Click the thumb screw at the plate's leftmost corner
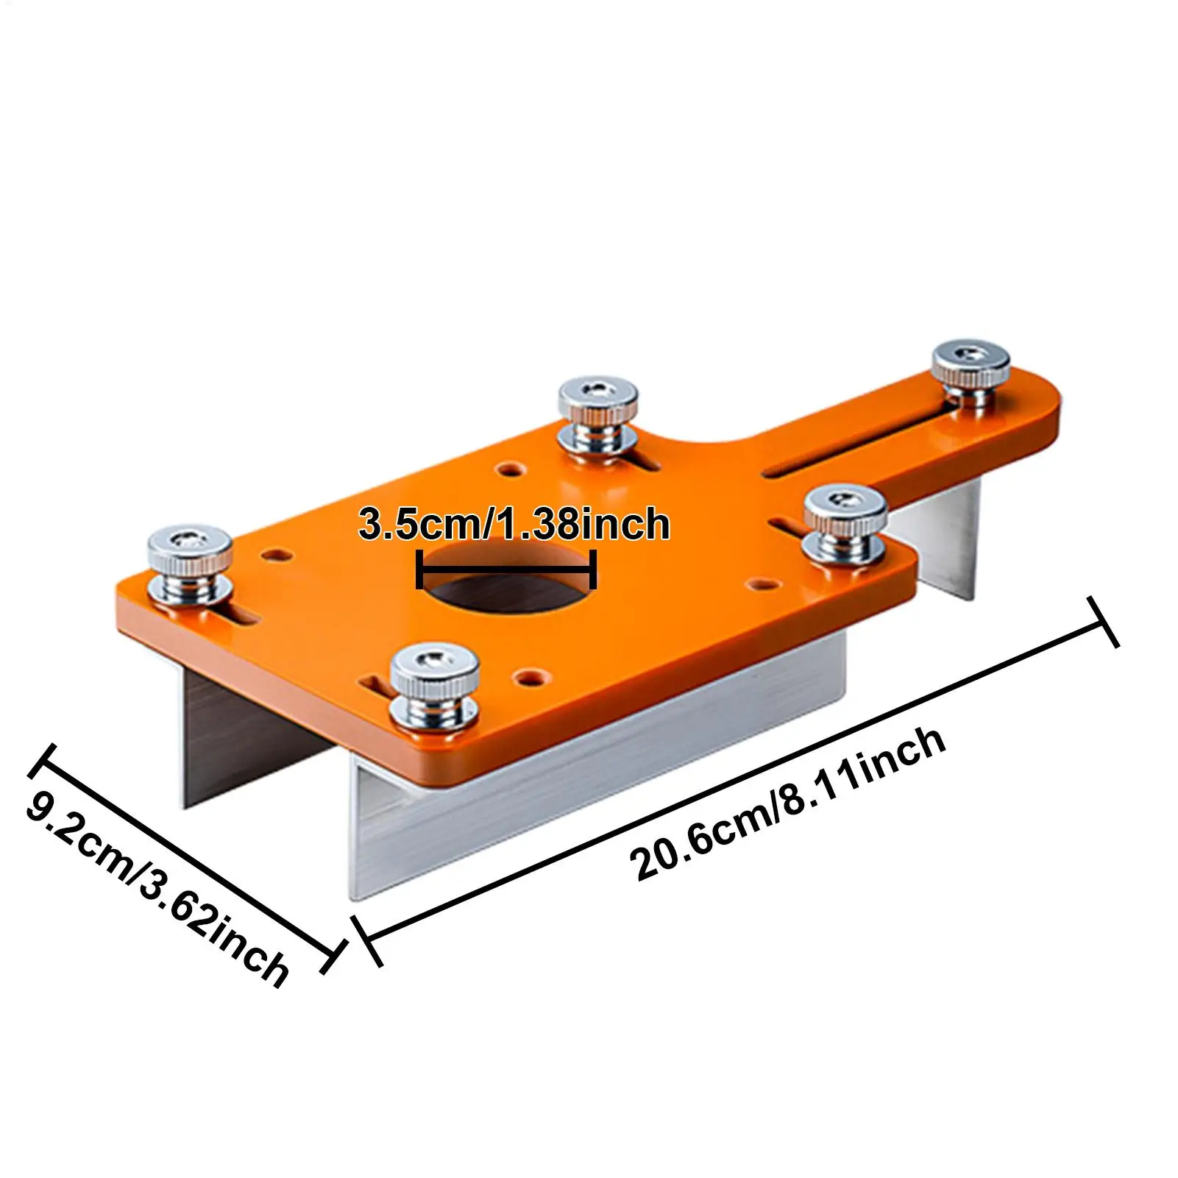[x=190, y=562]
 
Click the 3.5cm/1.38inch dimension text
[x=514, y=524]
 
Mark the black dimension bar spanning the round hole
[x=506, y=569]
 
